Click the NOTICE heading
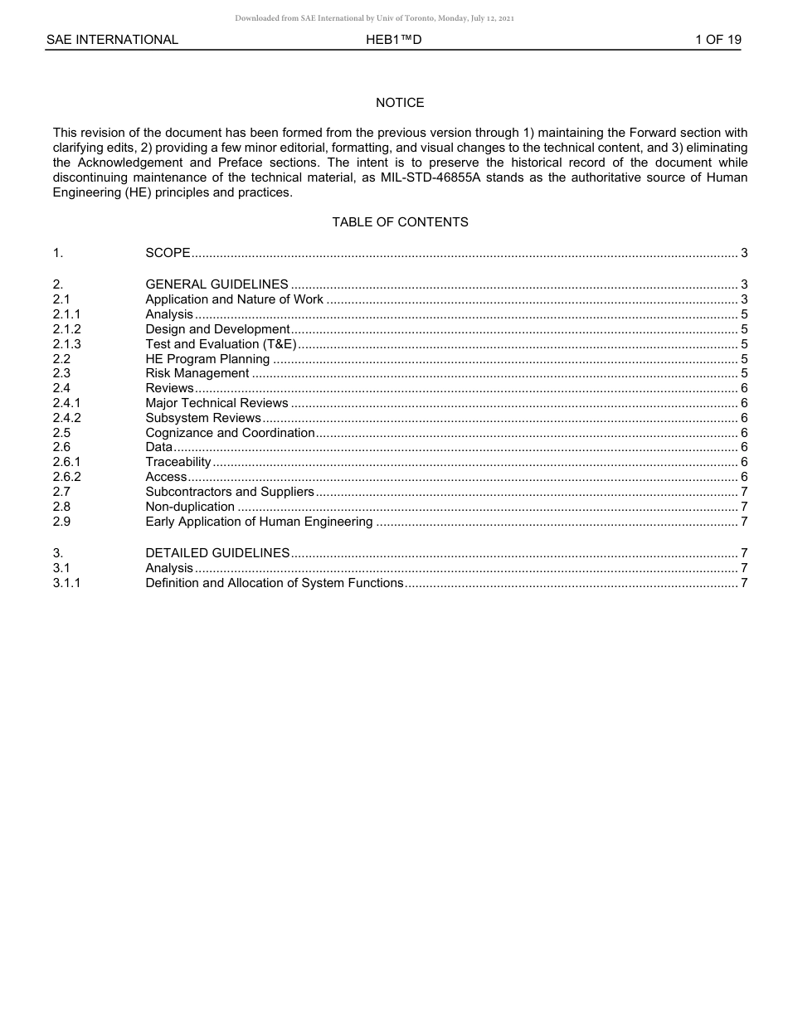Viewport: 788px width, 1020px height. pyautogui.click(x=400, y=103)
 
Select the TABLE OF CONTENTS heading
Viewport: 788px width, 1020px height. pyautogui.click(x=400, y=222)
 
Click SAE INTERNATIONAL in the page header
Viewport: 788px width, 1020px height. pyautogui.click(x=112, y=40)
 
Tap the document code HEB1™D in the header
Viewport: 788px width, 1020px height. pyautogui.click(x=394, y=40)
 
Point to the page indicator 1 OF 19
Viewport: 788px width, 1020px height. pyautogui.click(x=717, y=40)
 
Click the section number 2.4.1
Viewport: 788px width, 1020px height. pyautogui.click(x=67, y=403)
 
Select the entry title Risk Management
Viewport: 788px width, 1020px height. pyautogui.click(x=197, y=373)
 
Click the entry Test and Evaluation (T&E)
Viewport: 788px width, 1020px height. pyautogui.click(x=221, y=343)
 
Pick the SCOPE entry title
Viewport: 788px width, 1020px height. pyautogui.click(x=168, y=253)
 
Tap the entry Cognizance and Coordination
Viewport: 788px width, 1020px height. pyautogui.click(x=230, y=433)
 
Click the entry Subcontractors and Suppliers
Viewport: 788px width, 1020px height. pyautogui.click(x=230, y=492)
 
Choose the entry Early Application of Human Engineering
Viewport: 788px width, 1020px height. pyautogui.click(x=259, y=522)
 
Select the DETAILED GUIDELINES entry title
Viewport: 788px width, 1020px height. pyautogui.click(x=217, y=553)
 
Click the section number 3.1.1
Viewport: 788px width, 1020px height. pyautogui.click(x=67, y=583)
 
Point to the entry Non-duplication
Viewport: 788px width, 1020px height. pyautogui.click(x=190, y=507)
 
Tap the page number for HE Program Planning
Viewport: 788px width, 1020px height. pyautogui.click(x=744, y=359)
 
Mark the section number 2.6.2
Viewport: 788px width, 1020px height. pyautogui.click(x=67, y=477)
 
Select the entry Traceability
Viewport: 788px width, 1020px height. pyautogui.click(x=178, y=462)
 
